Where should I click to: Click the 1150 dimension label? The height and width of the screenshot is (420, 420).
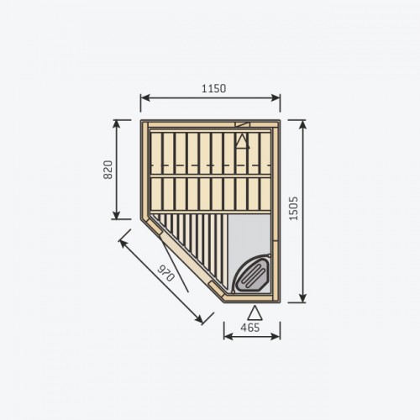[213, 88]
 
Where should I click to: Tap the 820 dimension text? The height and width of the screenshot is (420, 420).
[108, 170]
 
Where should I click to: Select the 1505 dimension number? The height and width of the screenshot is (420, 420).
[293, 208]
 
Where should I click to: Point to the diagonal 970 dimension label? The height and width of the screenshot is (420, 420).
[166, 273]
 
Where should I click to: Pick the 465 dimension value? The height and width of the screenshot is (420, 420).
[250, 328]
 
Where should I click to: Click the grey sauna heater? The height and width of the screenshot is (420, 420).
[251, 273]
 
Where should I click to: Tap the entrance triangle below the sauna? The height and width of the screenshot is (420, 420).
[255, 312]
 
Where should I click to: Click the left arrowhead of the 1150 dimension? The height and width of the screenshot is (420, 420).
[144, 97]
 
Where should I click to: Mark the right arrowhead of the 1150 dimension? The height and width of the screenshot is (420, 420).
[276, 97]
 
